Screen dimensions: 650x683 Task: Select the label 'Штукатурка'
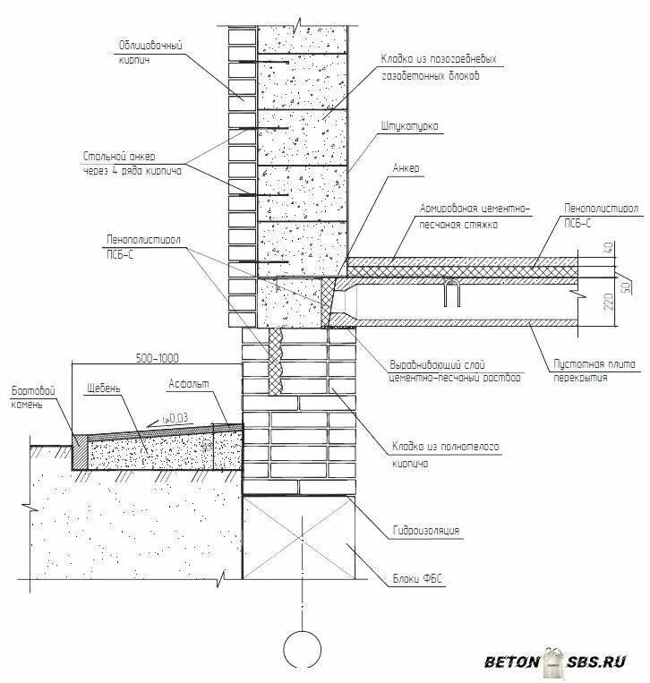coord(410,126)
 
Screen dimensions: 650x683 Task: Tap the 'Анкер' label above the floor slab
coord(406,167)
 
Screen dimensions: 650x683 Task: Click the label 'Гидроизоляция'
coord(425,531)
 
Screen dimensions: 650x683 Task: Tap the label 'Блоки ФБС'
coord(417,579)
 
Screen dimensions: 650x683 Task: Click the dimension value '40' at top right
coord(610,246)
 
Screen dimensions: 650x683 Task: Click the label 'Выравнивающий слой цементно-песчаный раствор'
coord(455,371)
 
